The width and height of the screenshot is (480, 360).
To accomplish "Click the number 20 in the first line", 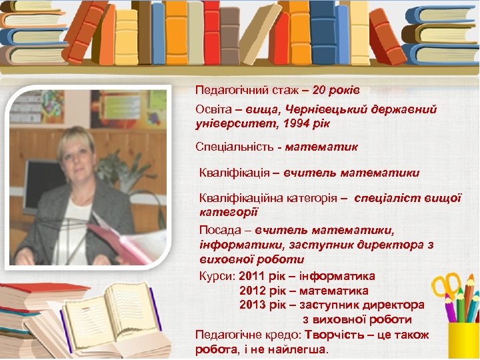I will pos(319,89).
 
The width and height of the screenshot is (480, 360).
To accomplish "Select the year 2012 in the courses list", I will pos(253,291).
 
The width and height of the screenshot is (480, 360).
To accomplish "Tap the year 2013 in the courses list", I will pos(253,305).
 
